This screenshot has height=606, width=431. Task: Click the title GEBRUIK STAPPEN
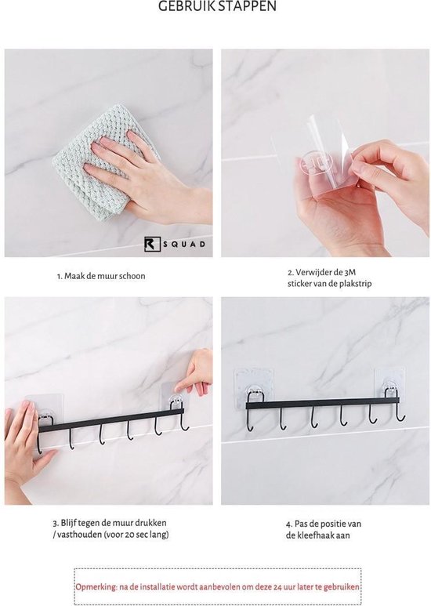tap(217, 6)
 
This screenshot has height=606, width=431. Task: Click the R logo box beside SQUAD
tap(152, 245)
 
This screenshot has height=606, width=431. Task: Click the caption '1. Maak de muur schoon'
tap(101, 276)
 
